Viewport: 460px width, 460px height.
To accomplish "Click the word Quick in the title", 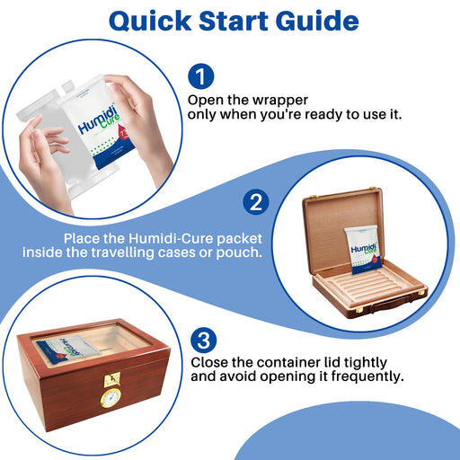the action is click(150, 22).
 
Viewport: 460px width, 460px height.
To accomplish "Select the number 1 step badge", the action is click(201, 76).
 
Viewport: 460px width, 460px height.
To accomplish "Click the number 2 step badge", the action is click(256, 202).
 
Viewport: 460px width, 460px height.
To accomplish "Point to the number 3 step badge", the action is click(204, 341).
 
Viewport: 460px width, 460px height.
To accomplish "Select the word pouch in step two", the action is click(239, 252).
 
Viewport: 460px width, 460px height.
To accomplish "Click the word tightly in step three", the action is click(365, 363).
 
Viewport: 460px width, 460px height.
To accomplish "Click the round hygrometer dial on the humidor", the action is click(111, 398).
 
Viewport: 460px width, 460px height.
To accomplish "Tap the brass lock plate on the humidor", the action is click(112, 380).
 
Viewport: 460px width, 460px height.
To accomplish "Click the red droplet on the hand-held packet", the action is click(124, 134).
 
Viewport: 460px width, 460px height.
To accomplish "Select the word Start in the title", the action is click(234, 21).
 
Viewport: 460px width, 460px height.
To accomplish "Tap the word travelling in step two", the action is click(123, 252).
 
